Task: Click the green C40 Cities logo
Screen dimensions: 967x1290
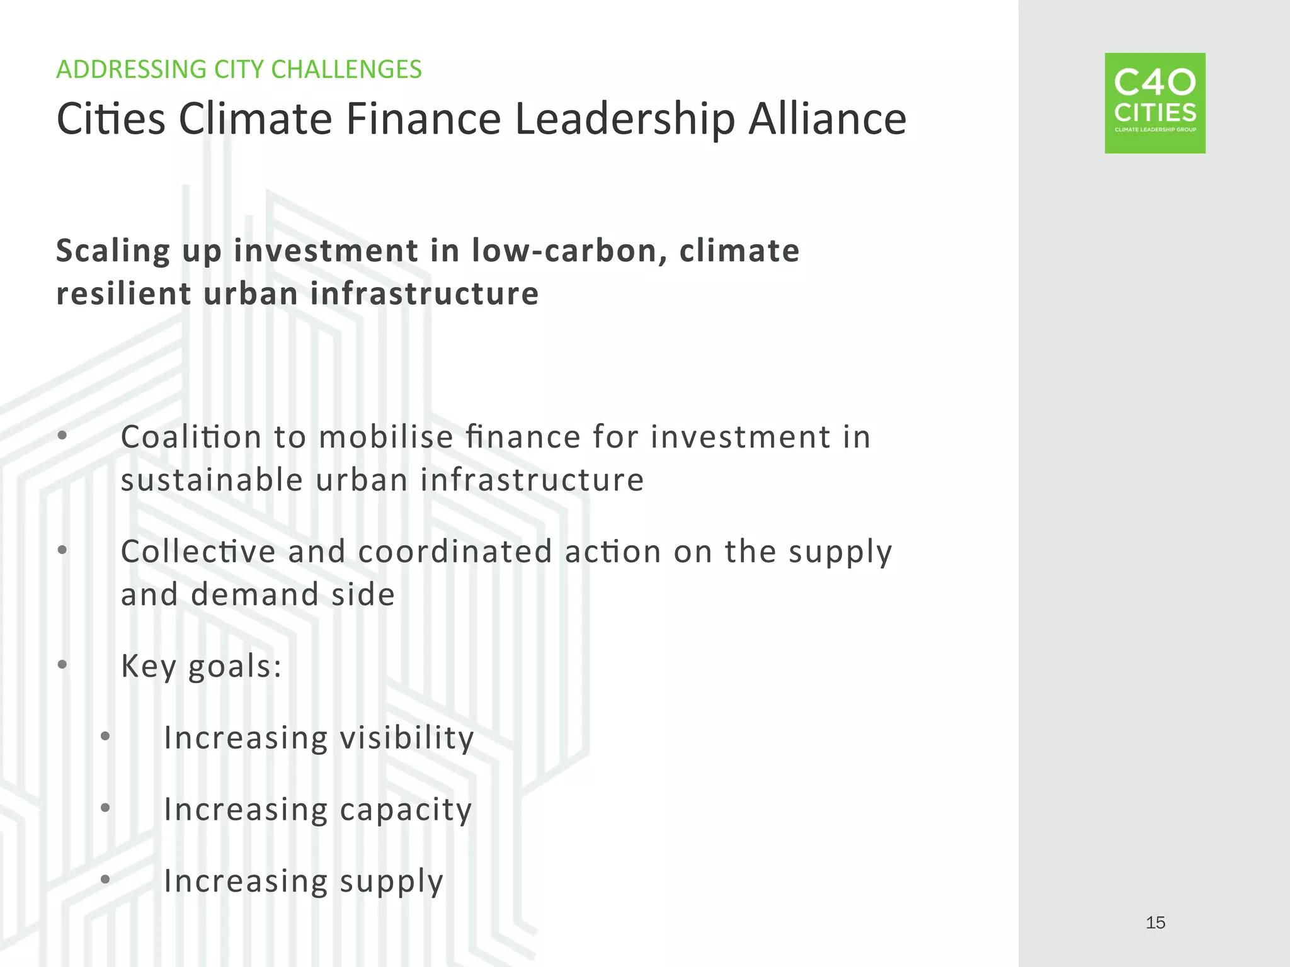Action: pyautogui.click(x=1155, y=103)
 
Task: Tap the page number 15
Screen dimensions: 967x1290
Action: pyautogui.click(x=1155, y=923)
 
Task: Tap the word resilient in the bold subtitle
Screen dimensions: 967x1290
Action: pyautogui.click(x=123, y=294)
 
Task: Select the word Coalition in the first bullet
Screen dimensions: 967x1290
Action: pyautogui.click(x=191, y=437)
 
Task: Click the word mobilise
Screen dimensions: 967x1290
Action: pyautogui.click(x=386, y=437)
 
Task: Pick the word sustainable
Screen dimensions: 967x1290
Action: pyautogui.click(x=212, y=480)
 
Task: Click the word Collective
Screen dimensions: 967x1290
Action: pyautogui.click(x=198, y=551)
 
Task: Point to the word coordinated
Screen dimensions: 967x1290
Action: pyautogui.click(x=455, y=551)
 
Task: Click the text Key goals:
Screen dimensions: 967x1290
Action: pyautogui.click(x=201, y=666)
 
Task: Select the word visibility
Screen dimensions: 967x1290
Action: pyautogui.click(x=406, y=738)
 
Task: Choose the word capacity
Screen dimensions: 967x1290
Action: pyautogui.click(x=406, y=810)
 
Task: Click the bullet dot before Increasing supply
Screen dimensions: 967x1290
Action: pyautogui.click(x=105, y=879)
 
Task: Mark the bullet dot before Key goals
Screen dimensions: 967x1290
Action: pyautogui.click(x=62, y=664)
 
